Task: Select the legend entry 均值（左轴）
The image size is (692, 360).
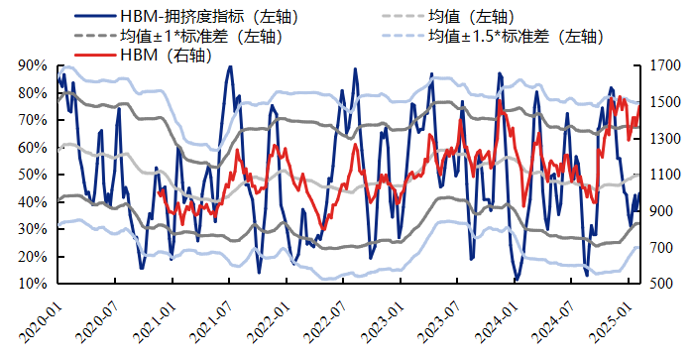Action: [x=478, y=17]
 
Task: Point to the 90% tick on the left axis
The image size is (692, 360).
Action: [x=33, y=65]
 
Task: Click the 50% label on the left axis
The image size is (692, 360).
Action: [x=33, y=175]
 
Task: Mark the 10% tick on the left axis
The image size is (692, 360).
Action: [x=33, y=284]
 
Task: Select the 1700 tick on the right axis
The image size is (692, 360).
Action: [x=665, y=65]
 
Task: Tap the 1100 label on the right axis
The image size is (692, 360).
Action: [x=665, y=175]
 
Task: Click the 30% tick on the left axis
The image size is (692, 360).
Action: [x=33, y=229]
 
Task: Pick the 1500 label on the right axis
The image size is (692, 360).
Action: [x=665, y=102]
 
